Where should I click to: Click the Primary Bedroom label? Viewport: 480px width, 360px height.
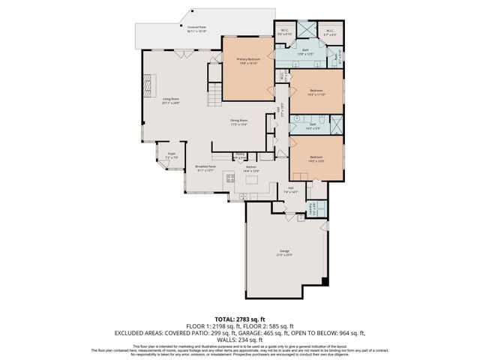pyautogui.click(x=247, y=61)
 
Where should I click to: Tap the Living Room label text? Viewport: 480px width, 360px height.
pyautogui.click(x=171, y=100)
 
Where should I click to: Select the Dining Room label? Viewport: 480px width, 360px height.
pyautogui.click(x=239, y=122)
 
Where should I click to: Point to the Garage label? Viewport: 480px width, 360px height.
pyautogui.click(x=285, y=253)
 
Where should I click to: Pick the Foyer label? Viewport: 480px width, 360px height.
pyautogui.click(x=170, y=156)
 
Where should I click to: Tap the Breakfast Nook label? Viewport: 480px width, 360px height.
pyautogui.click(x=205, y=168)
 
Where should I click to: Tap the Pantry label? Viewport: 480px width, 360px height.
pyautogui.click(x=240, y=156)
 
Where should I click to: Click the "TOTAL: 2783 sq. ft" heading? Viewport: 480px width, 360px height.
pyautogui.click(x=239, y=318)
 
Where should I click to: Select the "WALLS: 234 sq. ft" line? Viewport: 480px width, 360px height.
pyautogui.click(x=239, y=338)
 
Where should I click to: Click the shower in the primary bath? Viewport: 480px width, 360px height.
pyautogui.click(x=307, y=31)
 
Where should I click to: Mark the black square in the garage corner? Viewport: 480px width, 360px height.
pyautogui.click(x=324, y=282)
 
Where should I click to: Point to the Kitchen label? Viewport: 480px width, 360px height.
pyautogui.click(x=251, y=169)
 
